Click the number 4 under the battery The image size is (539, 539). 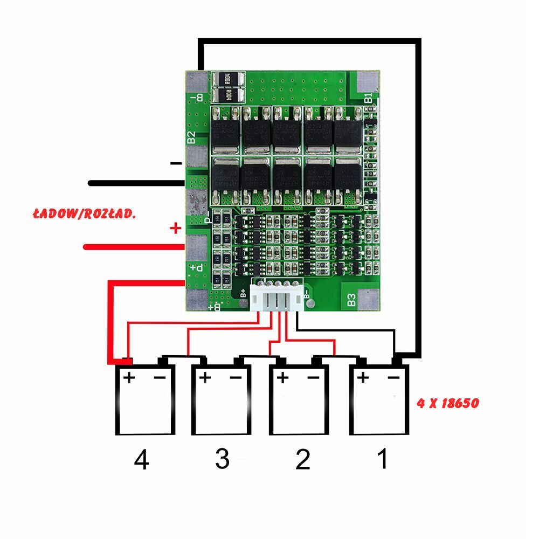click(x=141, y=460)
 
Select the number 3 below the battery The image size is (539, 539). click(x=222, y=459)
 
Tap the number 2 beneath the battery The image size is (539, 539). click(x=302, y=459)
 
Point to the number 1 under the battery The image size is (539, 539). click(x=382, y=459)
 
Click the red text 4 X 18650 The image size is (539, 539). click(x=448, y=403)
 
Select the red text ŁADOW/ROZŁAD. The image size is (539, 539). click(x=84, y=214)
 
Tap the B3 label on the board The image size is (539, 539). click(x=351, y=300)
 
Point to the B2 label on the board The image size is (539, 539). click(x=191, y=137)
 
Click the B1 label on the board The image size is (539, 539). click(x=368, y=98)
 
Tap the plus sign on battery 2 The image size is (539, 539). click(x=282, y=377)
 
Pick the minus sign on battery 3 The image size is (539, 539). click(x=236, y=377)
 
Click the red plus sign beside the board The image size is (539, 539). click(x=175, y=229)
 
